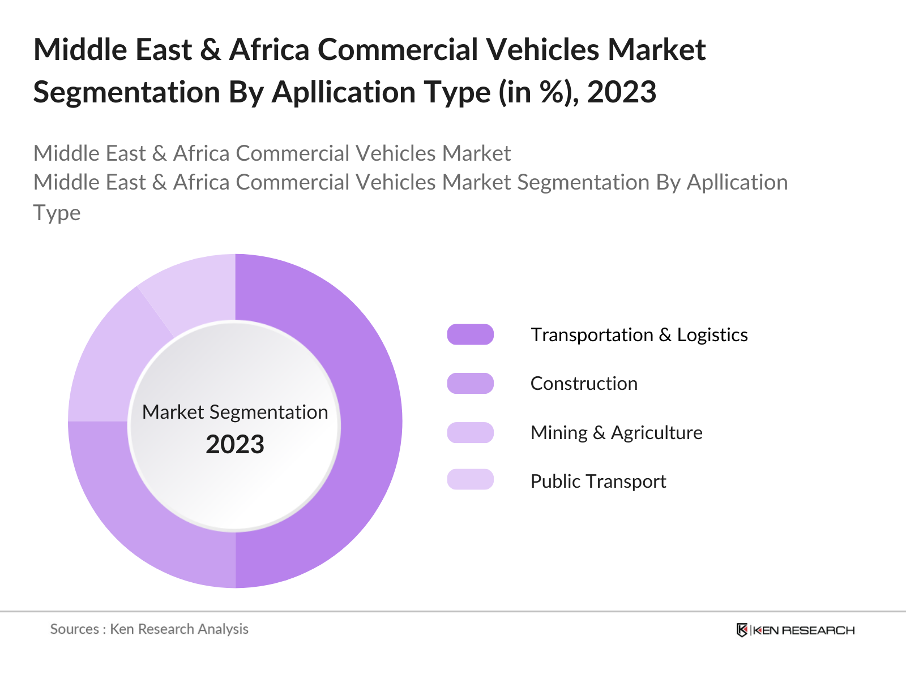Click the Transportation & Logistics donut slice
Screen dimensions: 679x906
(371, 422)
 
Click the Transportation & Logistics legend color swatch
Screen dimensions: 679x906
(470, 334)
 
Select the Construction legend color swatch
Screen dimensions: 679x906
(470, 384)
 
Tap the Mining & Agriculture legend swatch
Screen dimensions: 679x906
(470, 433)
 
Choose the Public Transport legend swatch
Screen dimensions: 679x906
(470, 480)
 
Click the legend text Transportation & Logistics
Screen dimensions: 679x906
(639, 335)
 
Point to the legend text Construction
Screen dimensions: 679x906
(584, 384)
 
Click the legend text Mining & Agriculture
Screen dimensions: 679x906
(616, 433)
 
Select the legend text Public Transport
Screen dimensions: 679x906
(598, 482)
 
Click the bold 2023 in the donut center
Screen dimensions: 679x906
(235, 445)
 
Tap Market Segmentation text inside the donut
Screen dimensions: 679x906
(235, 412)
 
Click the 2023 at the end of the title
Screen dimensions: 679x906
(621, 92)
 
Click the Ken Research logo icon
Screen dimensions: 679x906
(742, 630)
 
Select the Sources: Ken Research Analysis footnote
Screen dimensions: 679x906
(149, 629)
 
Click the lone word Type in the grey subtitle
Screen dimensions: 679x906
(57, 213)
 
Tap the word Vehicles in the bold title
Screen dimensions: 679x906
(544, 50)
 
